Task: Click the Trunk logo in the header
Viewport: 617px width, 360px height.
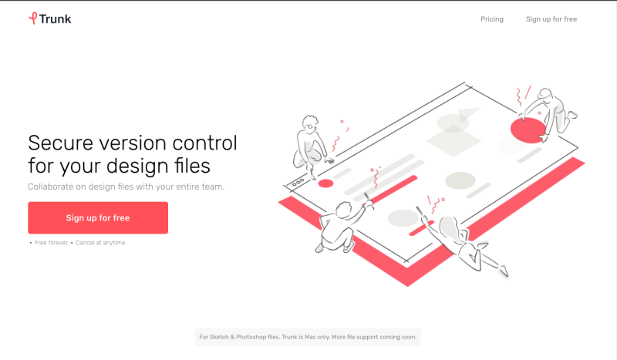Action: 49,19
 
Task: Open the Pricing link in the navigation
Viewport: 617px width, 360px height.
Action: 492,19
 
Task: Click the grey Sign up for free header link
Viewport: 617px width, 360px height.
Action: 551,19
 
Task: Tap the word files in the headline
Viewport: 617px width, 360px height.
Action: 192,165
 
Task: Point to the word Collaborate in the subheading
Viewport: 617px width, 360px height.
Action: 51,187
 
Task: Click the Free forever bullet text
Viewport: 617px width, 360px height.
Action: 52,243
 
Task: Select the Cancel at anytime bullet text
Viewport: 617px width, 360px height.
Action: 101,243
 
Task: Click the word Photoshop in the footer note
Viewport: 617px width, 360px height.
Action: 251,337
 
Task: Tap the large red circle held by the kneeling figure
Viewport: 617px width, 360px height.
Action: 528,130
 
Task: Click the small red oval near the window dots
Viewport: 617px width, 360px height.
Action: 325,183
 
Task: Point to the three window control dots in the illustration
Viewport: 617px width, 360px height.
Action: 298,183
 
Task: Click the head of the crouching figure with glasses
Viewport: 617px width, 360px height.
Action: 310,123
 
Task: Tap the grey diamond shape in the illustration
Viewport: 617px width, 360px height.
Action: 453,140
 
